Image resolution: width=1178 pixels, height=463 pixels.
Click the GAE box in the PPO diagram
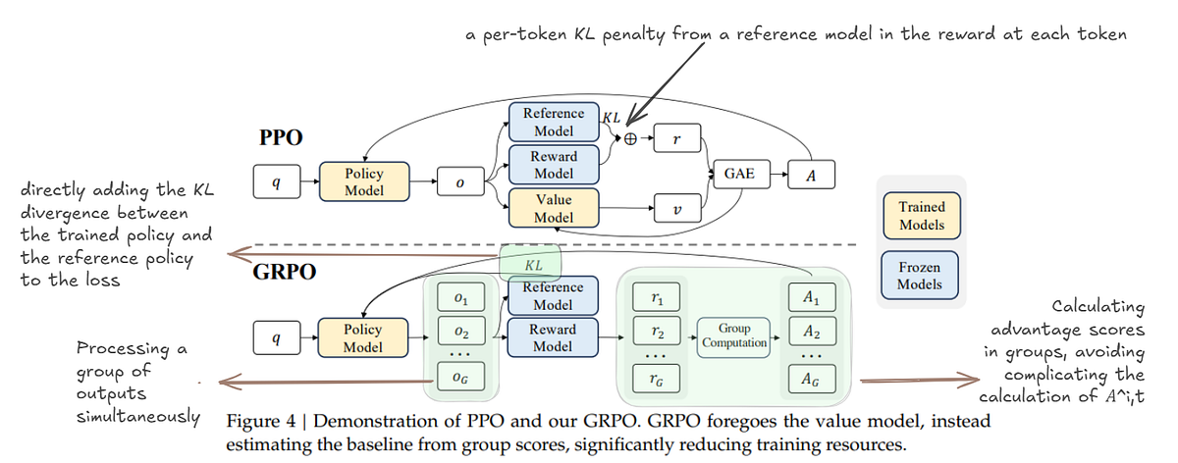743,173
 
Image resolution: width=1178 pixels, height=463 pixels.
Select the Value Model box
553,207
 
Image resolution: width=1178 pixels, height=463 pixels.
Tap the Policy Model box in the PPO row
363,181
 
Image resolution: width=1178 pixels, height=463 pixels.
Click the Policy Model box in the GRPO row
363,337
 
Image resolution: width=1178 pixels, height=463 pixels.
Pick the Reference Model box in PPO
553,123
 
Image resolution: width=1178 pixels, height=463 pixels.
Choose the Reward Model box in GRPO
553,337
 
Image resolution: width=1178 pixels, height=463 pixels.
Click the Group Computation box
734,336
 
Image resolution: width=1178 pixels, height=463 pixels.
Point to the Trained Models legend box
921,215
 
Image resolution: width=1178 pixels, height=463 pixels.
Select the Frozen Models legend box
921,276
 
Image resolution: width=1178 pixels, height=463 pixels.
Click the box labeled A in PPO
811,173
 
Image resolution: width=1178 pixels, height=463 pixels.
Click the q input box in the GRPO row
277,337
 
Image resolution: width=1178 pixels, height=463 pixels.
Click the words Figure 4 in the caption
258,421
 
